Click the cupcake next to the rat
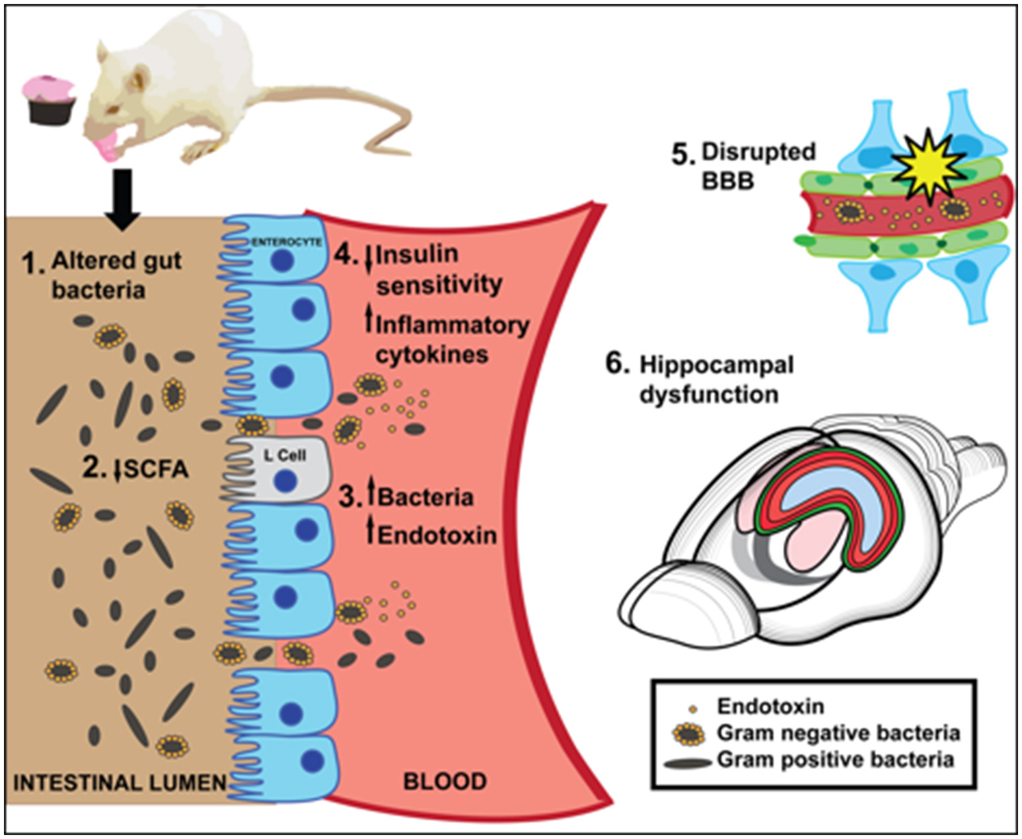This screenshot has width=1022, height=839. click(x=49, y=100)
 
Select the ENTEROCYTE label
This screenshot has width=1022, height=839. click(x=287, y=242)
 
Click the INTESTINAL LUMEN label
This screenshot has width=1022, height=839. click(x=120, y=783)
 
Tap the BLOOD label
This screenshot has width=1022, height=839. click(x=445, y=781)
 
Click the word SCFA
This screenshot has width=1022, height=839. click(x=156, y=469)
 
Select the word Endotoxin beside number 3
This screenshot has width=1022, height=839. click(x=437, y=534)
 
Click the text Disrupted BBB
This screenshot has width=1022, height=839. click(x=758, y=165)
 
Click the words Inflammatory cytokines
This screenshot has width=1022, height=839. click(x=451, y=339)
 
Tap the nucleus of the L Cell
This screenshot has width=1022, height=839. click(x=285, y=481)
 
